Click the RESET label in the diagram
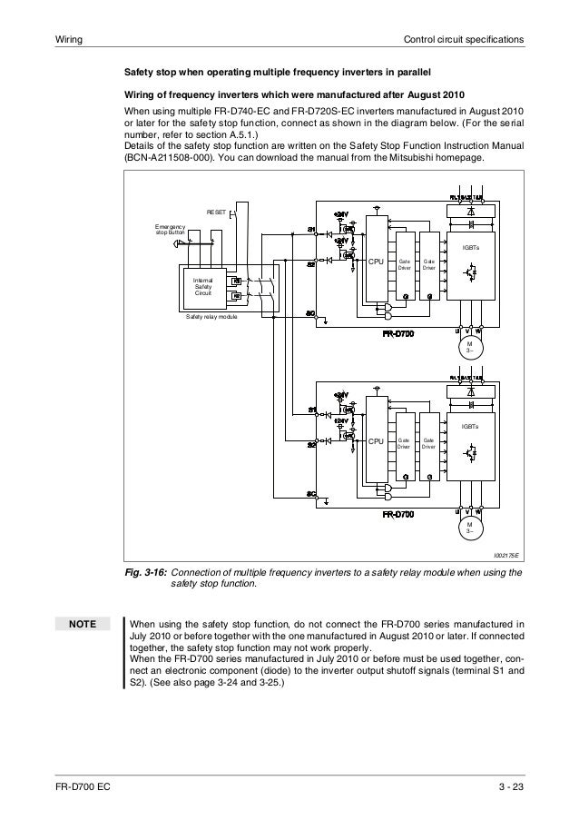click(215, 212)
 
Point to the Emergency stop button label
click(171, 229)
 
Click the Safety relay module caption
click(211, 317)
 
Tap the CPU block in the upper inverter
click(376, 262)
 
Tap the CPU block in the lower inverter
click(376, 442)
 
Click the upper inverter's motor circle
click(470, 348)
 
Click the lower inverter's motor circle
click(470, 529)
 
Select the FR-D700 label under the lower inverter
click(397, 514)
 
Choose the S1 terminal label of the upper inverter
click(310, 228)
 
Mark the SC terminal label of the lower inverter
click(310, 494)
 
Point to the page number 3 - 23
click(511, 785)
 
